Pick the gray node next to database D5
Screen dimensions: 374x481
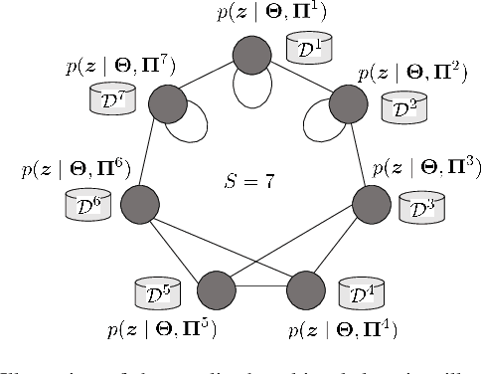coord(216,291)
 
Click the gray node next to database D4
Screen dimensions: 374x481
coord(304,291)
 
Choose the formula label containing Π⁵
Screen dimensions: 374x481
coord(164,326)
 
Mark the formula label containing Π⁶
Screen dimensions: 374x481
coord(74,168)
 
